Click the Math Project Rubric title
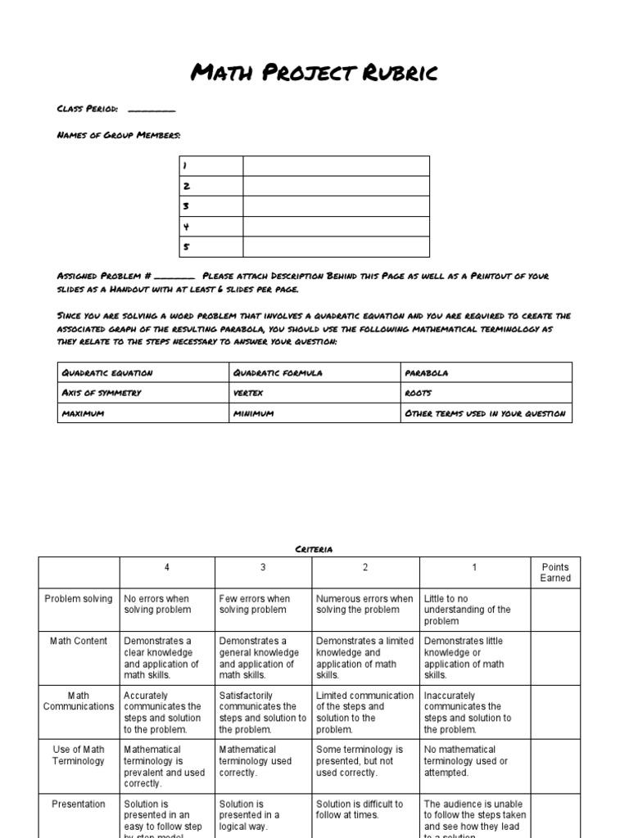pyautogui.click(x=314, y=74)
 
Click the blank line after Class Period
pyautogui.click(x=152, y=110)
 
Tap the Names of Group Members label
pyautogui.click(x=119, y=135)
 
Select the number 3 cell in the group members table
pyautogui.click(x=211, y=206)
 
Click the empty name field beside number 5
pyautogui.click(x=336, y=247)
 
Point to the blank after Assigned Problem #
pyautogui.click(x=174, y=277)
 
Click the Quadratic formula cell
pyautogui.click(x=278, y=372)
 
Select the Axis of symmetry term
pyautogui.click(x=102, y=393)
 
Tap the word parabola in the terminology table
pyautogui.click(x=427, y=372)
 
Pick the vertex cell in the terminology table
pyautogui.click(x=248, y=393)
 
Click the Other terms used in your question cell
pyautogui.click(x=485, y=413)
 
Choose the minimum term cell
pyautogui.click(x=253, y=413)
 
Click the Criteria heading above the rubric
pyautogui.click(x=314, y=549)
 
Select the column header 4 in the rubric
pyautogui.click(x=167, y=567)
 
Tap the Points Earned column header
pyautogui.click(x=554, y=572)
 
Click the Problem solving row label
pyautogui.click(x=79, y=599)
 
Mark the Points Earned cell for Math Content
pyautogui.click(x=554, y=658)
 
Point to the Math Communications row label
pyautogui.click(x=79, y=701)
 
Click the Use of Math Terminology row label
pyautogui.click(x=79, y=755)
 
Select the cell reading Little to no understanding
pyautogui.click(x=474, y=610)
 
